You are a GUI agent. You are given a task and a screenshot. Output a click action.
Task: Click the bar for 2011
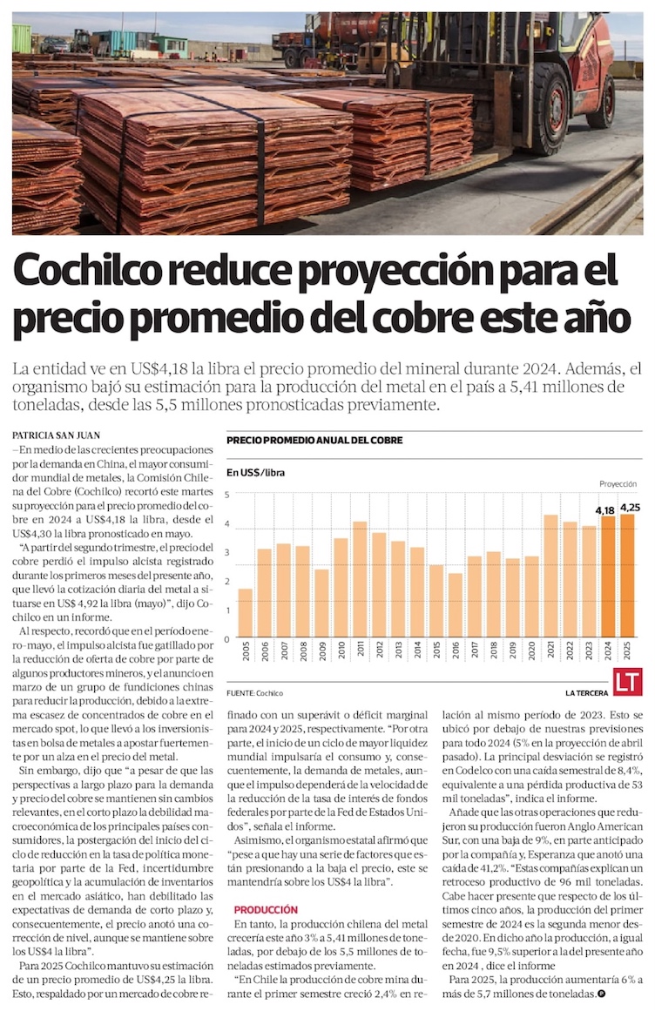pos(359,579)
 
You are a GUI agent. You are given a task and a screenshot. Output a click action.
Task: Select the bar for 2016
pos(455,604)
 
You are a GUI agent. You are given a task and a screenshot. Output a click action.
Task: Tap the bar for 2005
pos(245,612)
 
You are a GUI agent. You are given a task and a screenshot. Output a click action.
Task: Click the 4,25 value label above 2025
pos(629,508)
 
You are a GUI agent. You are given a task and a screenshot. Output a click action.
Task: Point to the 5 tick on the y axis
pos(226,494)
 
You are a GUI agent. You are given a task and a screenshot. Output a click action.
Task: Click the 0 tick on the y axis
pos(226,638)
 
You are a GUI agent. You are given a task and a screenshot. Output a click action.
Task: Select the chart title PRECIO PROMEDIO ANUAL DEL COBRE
pos(314,441)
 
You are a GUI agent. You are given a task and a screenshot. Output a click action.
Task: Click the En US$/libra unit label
pos(256,473)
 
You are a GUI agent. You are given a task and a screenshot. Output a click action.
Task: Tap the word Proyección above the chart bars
pos(618,483)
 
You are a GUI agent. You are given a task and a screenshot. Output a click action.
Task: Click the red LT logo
pos(626,683)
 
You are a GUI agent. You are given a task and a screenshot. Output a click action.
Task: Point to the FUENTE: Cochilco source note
pos(254,693)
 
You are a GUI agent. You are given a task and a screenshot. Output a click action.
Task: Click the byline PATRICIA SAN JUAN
pos(55,434)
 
